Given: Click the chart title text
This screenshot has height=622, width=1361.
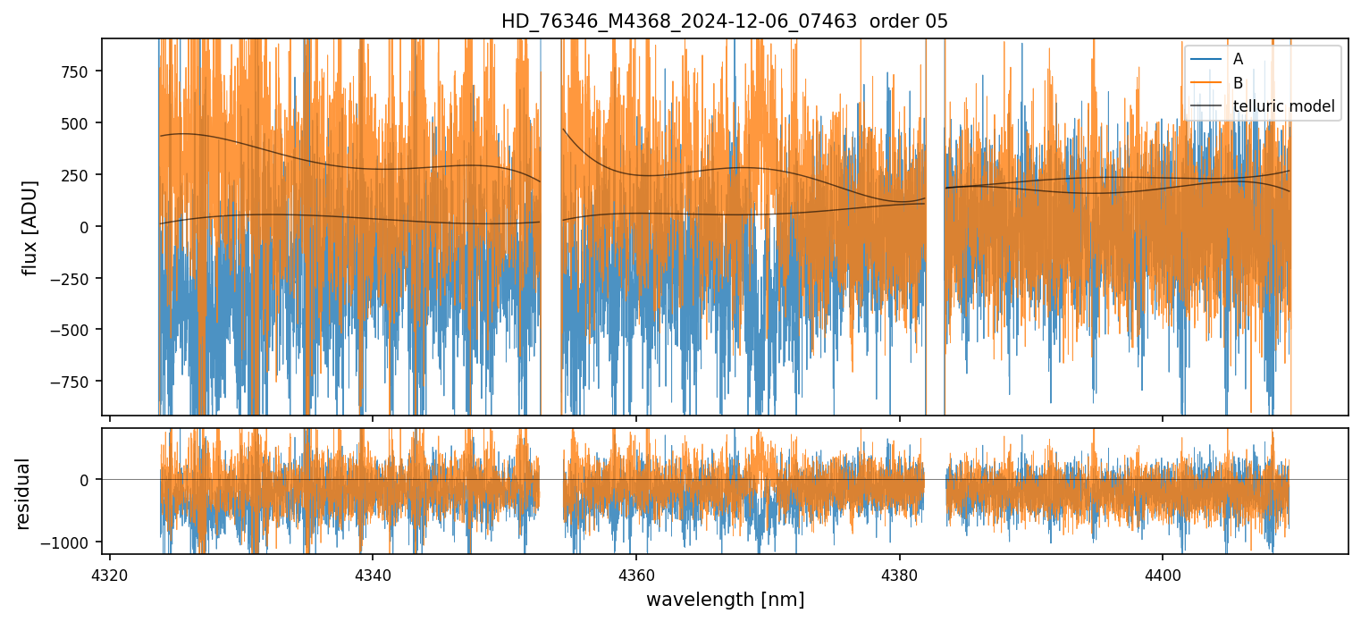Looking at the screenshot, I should (x=724, y=21).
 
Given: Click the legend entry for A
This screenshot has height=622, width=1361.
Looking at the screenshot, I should (x=1238, y=59).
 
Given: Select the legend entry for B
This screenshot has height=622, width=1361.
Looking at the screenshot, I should (x=1238, y=83).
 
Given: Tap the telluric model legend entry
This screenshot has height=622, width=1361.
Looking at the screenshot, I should (x=1283, y=107).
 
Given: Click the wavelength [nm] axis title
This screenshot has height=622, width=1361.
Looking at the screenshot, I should (x=725, y=599).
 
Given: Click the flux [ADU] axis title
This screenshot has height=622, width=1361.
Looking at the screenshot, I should (x=30, y=227).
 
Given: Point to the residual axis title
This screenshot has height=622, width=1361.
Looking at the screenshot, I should (x=23, y=493).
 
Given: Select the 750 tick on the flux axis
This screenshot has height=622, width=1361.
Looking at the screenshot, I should (x=75, y=72).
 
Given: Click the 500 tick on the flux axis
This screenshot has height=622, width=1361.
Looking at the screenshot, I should (x=75, y=123).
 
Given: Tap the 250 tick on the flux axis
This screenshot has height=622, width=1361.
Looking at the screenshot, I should (x=75, y=175).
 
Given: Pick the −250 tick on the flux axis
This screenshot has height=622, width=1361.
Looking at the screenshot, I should (x=71, y=279).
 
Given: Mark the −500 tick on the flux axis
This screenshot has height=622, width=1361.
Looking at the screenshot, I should (x=71, y=330).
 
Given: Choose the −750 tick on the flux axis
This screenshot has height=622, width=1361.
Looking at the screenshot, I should (x=71, y=382).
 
